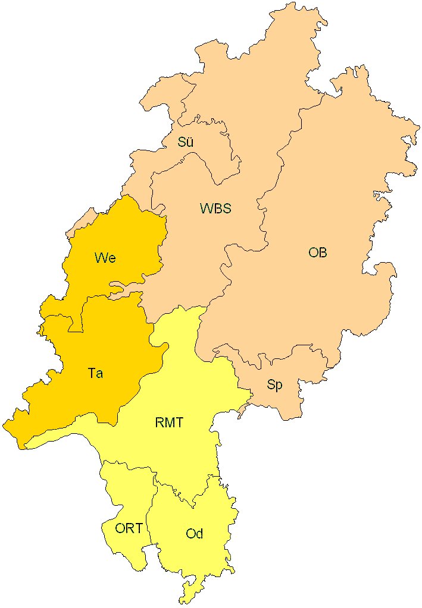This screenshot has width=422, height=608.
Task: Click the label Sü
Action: tap(186, 142)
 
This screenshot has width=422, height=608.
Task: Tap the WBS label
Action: tap(215, 209)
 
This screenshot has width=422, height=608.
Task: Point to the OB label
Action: tap(317, 253)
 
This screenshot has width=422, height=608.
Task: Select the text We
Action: tap(105, 258)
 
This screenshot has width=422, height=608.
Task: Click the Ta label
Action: tap(95, 373)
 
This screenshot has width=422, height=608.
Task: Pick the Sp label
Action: tap(274, 385)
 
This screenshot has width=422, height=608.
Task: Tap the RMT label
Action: tap(169, 423)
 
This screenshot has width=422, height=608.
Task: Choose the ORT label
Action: tap(129, 528)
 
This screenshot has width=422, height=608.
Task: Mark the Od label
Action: tap(195, 534)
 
